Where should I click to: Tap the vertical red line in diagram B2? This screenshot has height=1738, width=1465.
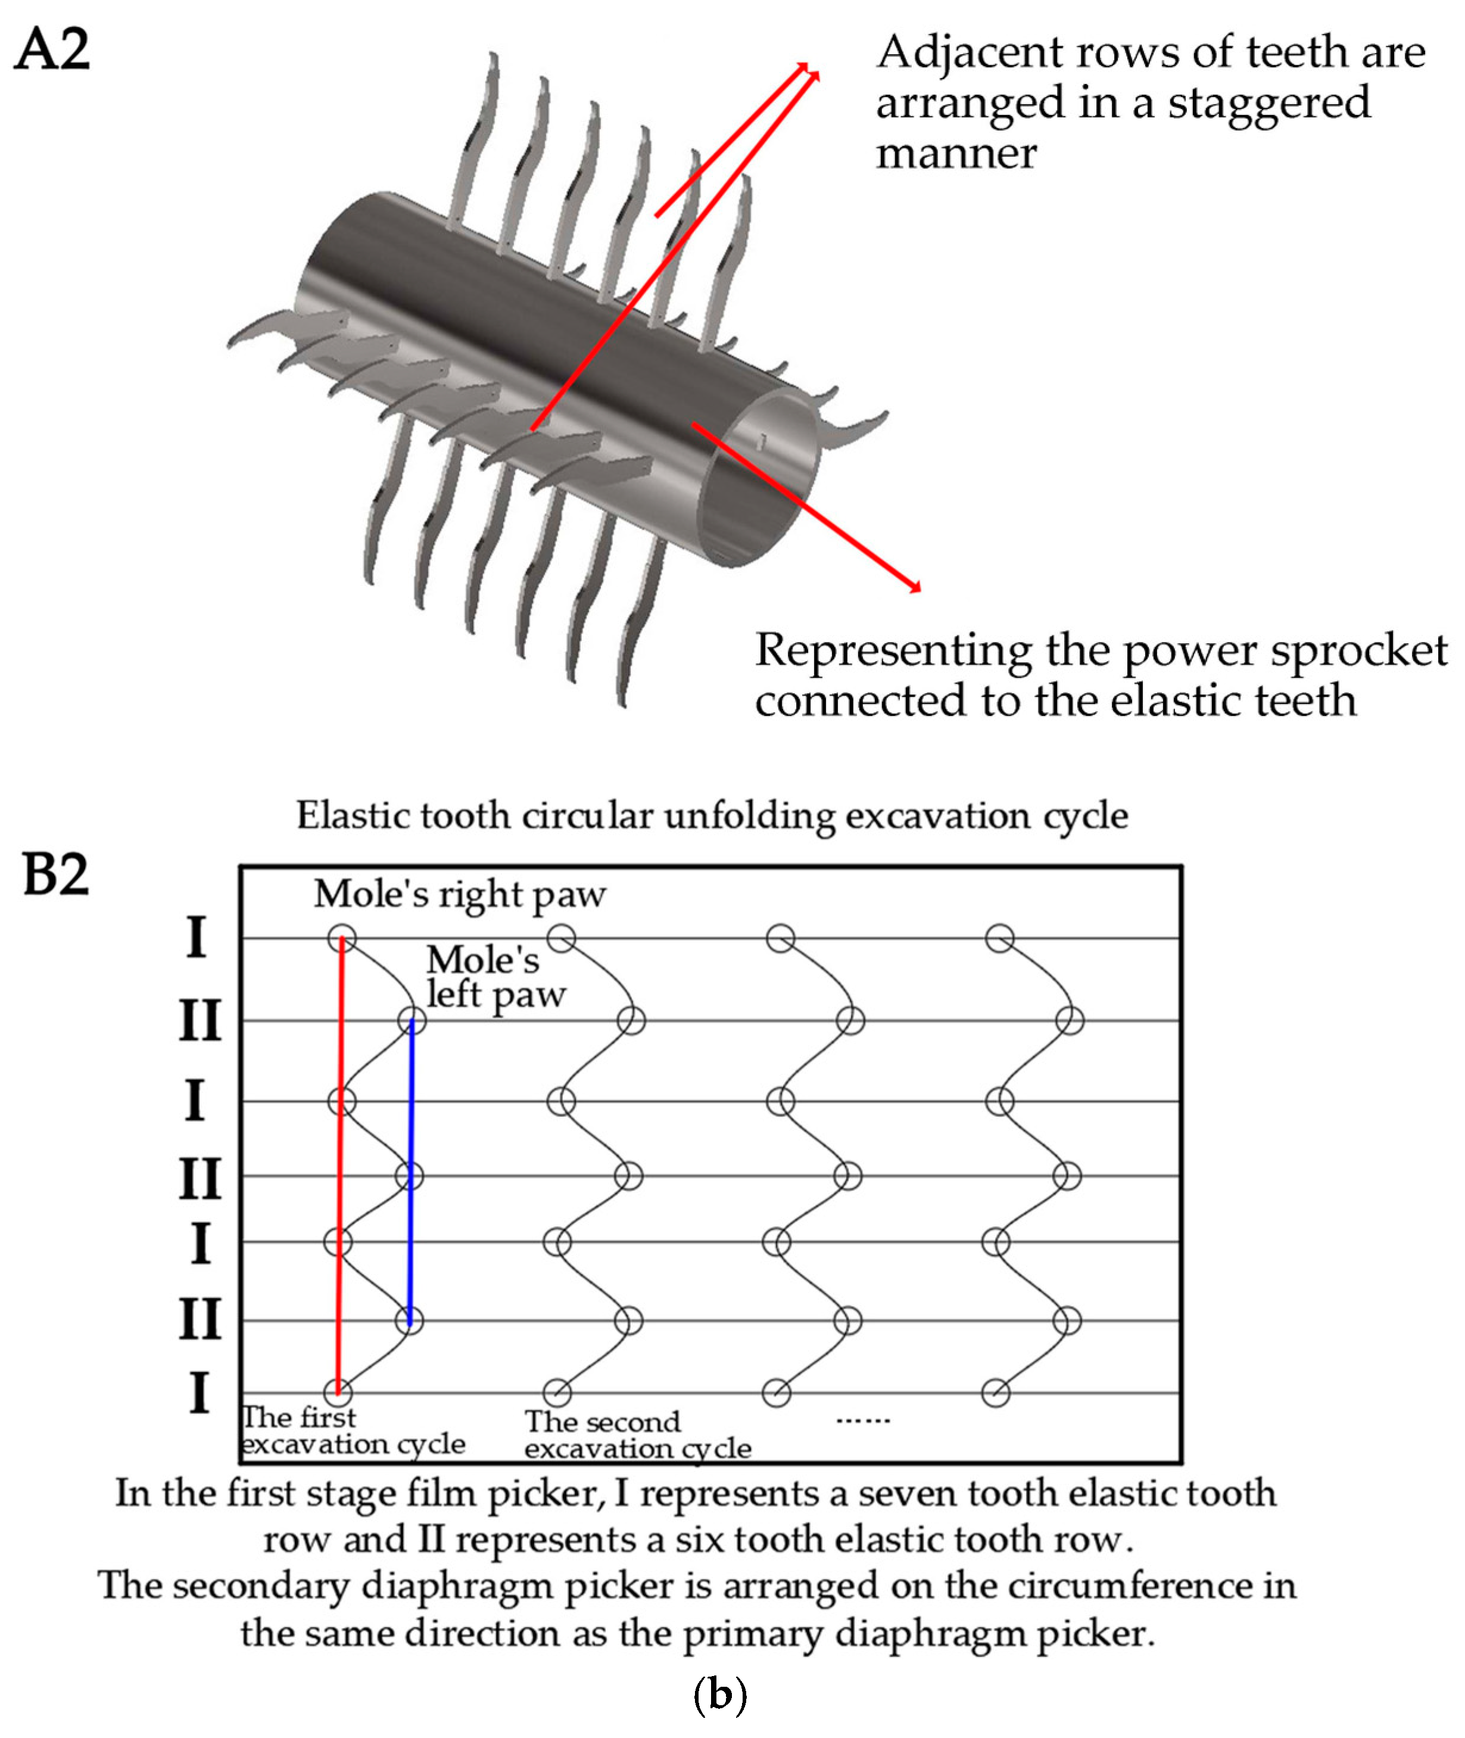(339, 1163)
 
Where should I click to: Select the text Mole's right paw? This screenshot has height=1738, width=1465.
(459, 895)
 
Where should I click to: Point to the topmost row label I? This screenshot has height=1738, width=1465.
(196, 937)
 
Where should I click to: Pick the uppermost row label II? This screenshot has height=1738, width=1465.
(200, 1020)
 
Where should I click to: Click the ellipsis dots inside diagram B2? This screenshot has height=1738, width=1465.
(862, 1421)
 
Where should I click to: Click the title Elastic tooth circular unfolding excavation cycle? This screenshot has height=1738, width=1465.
(712, 815)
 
